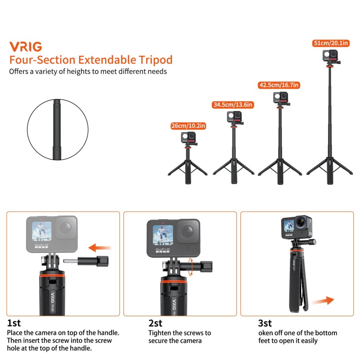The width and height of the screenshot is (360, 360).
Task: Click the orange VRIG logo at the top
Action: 26,46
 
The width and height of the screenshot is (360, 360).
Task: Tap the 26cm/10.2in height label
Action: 187,126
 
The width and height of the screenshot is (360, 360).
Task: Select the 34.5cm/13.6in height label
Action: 233,105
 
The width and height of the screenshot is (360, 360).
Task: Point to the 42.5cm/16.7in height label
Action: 279,85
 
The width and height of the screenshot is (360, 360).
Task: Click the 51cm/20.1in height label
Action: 331,43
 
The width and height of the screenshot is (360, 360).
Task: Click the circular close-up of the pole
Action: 57,129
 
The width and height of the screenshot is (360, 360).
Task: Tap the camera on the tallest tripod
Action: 329,57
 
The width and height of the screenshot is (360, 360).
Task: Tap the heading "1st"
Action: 13,323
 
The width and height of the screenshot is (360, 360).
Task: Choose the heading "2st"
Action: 156,323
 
